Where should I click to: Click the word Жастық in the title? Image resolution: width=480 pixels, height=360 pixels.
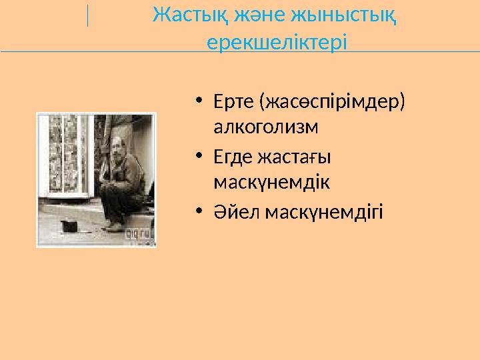pos(183,15)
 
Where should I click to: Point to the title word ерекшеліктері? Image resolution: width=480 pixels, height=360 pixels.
pos(277,43)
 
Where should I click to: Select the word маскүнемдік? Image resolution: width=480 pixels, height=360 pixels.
pos(272,181)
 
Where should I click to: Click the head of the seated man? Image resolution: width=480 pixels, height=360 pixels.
pos(117,145)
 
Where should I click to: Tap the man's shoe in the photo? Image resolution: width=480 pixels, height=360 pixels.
pos(115,227)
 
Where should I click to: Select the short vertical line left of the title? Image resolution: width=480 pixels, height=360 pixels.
pos(87,15)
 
